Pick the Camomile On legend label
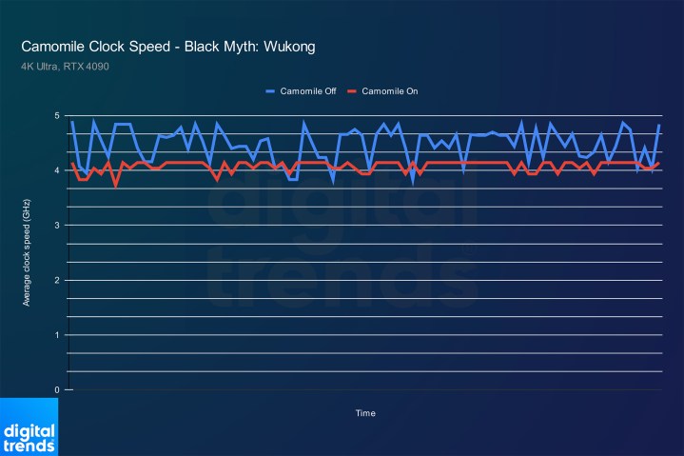tap(388, 91)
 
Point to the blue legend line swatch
tap(270, 91)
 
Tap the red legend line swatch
tap(351, 91)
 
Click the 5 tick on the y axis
tap(57, 116)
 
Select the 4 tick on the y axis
tap(57, 171)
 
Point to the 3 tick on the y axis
tap(57, 226)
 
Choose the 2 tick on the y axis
tap(57, 281)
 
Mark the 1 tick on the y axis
tap(57, 335)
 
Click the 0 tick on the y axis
tap(57, 390)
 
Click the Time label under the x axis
tap(365, 413)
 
